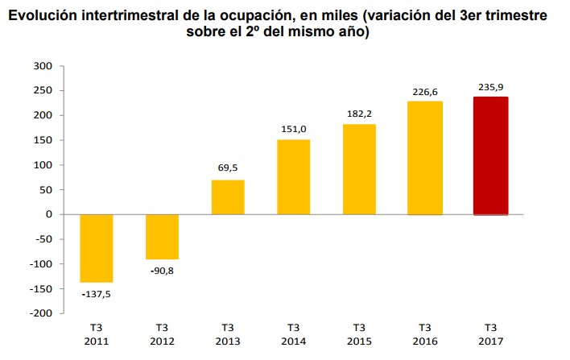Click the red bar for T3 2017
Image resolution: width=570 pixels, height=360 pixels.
coord(490,155)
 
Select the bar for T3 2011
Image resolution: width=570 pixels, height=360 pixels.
coord(97,248)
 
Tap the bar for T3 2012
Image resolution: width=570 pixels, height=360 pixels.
coord(162,236)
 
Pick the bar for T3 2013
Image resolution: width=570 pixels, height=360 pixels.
coord(228,197)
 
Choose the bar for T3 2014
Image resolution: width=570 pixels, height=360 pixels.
coord(293,177)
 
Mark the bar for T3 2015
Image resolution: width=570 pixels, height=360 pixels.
coord(359,169)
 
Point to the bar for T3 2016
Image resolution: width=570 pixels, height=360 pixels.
coord(424,159)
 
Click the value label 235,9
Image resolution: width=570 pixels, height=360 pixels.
coord(490,87)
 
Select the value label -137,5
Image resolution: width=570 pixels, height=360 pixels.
coord(97,294)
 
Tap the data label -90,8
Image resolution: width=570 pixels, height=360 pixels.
coord(162,271)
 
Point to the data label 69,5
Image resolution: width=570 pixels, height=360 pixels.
coord(228,168)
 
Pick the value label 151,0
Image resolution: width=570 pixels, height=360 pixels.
coord(293,128)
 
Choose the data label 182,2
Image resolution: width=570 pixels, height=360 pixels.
coord(359,113)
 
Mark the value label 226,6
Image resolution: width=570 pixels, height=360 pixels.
coord(424,91)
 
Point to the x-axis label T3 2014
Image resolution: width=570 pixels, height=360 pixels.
coord(293,334)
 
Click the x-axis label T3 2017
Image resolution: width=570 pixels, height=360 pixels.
coord(490,334)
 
